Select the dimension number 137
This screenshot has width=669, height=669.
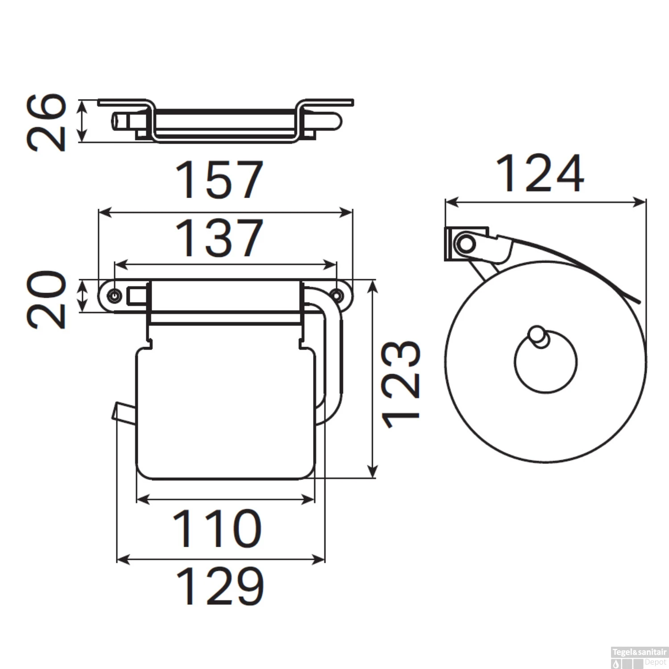[219, 238]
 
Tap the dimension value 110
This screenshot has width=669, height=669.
[217, 529]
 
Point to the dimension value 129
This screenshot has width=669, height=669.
[220, 586]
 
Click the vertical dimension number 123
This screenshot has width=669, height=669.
[400, 384]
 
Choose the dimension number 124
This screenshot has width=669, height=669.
[539, 174]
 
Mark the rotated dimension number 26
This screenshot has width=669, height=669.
[46, 122]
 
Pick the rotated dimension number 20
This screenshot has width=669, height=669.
[46, 299]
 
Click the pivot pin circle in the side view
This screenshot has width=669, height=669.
[466, 244]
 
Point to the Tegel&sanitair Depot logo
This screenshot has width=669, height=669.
[639, 657]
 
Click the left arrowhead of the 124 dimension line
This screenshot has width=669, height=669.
[450, 202]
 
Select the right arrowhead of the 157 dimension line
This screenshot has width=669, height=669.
[347, 213]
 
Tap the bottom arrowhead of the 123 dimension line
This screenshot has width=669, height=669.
[372, 473]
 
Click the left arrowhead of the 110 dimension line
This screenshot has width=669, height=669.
[141, 500]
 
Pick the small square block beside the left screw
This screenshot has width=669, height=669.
[136, 296]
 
